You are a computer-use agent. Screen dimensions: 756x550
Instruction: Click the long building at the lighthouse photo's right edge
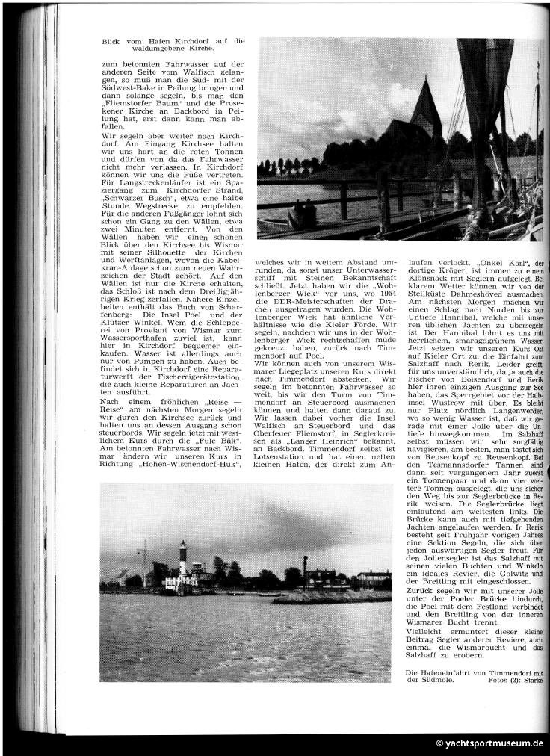(374, 576)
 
